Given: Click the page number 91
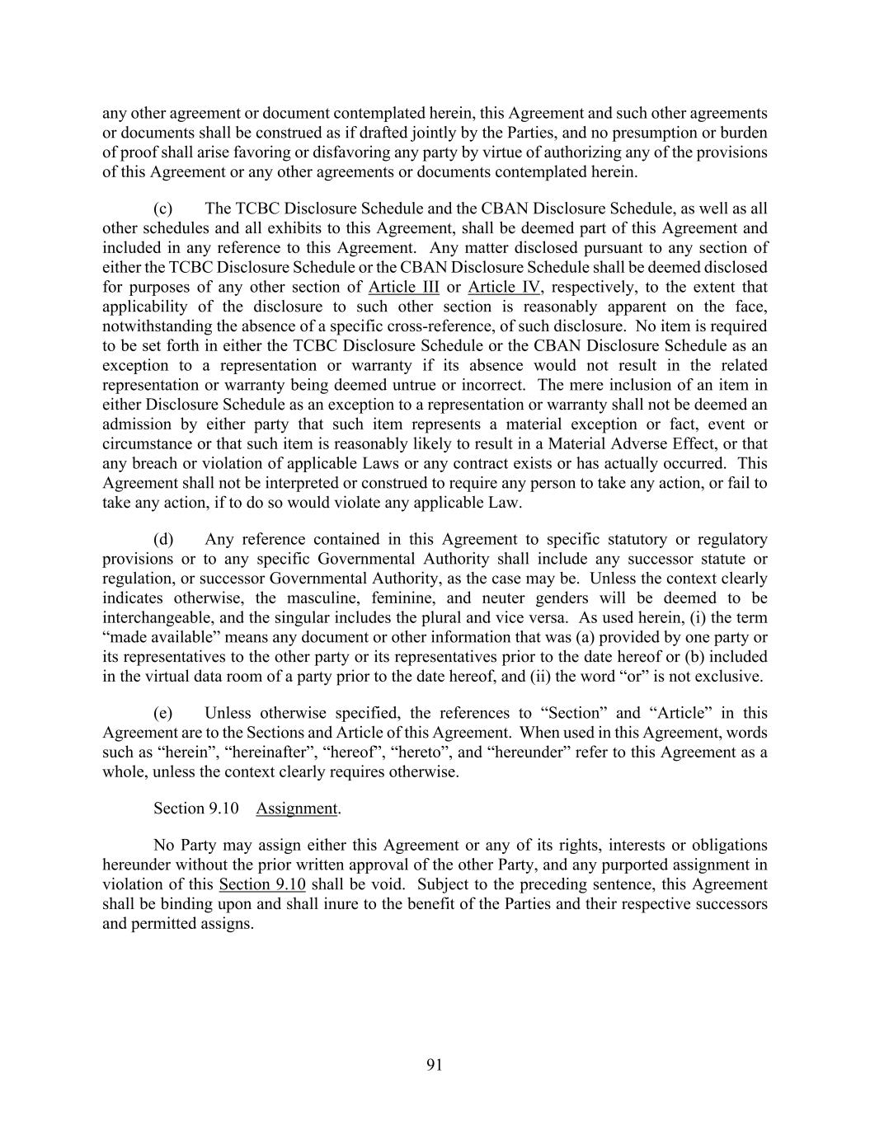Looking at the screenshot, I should [x=435, y=1065].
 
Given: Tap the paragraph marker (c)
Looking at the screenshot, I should [x=163, y=209].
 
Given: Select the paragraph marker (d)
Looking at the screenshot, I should [x=163, y=539].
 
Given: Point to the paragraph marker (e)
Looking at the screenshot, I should [x=163, y=713].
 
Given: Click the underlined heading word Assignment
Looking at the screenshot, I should [x=297, y=809].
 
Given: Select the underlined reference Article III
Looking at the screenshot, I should [x=403, y=287].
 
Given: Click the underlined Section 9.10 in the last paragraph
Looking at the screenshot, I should [x=262, y=884].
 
